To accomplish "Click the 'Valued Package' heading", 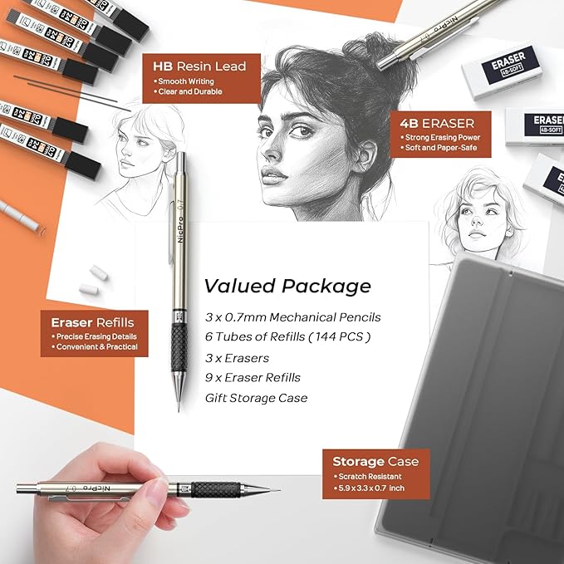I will [x=287, y=287].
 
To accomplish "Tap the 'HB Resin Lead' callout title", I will [x=200, y=65].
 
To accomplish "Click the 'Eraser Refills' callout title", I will [x=93, y=322].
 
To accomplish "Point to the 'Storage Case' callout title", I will [x=375, y=462].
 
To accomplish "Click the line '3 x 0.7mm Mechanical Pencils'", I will [x=292, y=316].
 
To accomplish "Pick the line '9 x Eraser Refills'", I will [x=253, y=377].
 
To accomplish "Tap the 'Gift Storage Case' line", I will [x=256, y=398].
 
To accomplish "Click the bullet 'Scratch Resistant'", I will [x=371, y=477].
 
